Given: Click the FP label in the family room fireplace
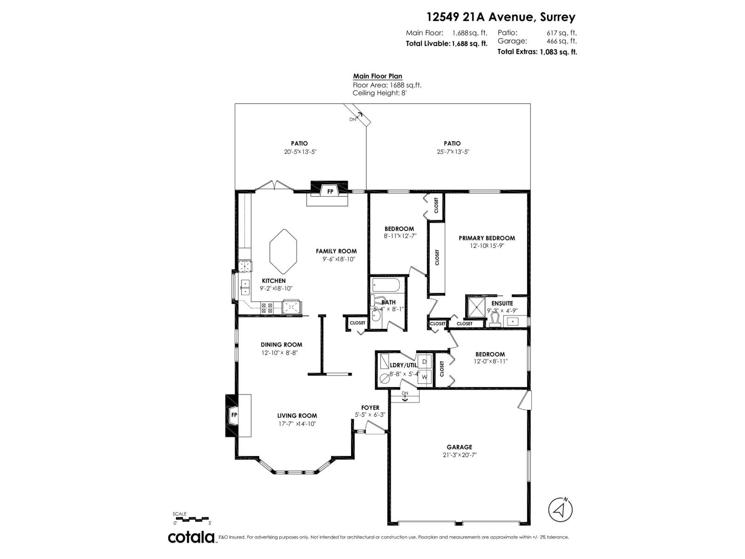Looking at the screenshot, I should pyautogui.click(x=330, y=192).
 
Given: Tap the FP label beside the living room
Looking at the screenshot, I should pyautogui.click(x=234, y=415).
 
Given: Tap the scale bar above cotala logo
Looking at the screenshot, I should pyautogui.click(x=192, y=518).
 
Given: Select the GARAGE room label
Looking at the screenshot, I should pyautogui.click(x=459, y=447).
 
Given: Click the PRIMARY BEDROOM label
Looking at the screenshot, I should pyautogui.click(x=487, y=238).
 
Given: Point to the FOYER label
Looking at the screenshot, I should pyautogui.click(x=370, y=408).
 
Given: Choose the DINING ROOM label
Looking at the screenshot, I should pyautogui.click(x=281, y=345).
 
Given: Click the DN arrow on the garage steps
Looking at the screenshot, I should pyautogui.click(x=405, y=396).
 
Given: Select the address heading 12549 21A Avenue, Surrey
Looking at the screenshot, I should pyautogui.click(x=501, y=17).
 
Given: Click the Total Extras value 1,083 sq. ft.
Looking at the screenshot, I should pyautogui.click(x=558, y=52).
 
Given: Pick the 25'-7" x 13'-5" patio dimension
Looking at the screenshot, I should pyautogui.click(x=452, y=152).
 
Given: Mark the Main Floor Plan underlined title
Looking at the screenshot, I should pyautogui.click(x=377, y=76).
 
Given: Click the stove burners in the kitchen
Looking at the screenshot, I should pyautogui.click(x=267, y=307).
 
